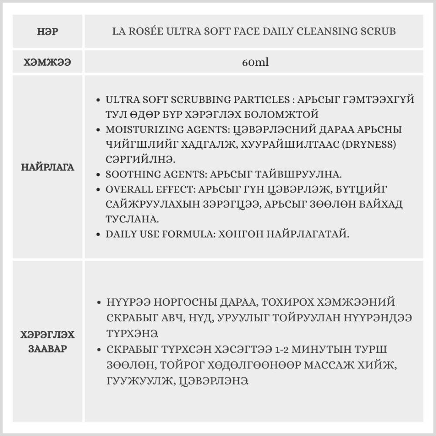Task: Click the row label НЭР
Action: point(48,32)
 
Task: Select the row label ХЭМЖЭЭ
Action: point(48,62)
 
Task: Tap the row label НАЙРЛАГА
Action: point(48,167)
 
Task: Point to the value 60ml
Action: point(255,62)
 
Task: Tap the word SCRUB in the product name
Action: point(380,32)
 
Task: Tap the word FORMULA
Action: point(178,234)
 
